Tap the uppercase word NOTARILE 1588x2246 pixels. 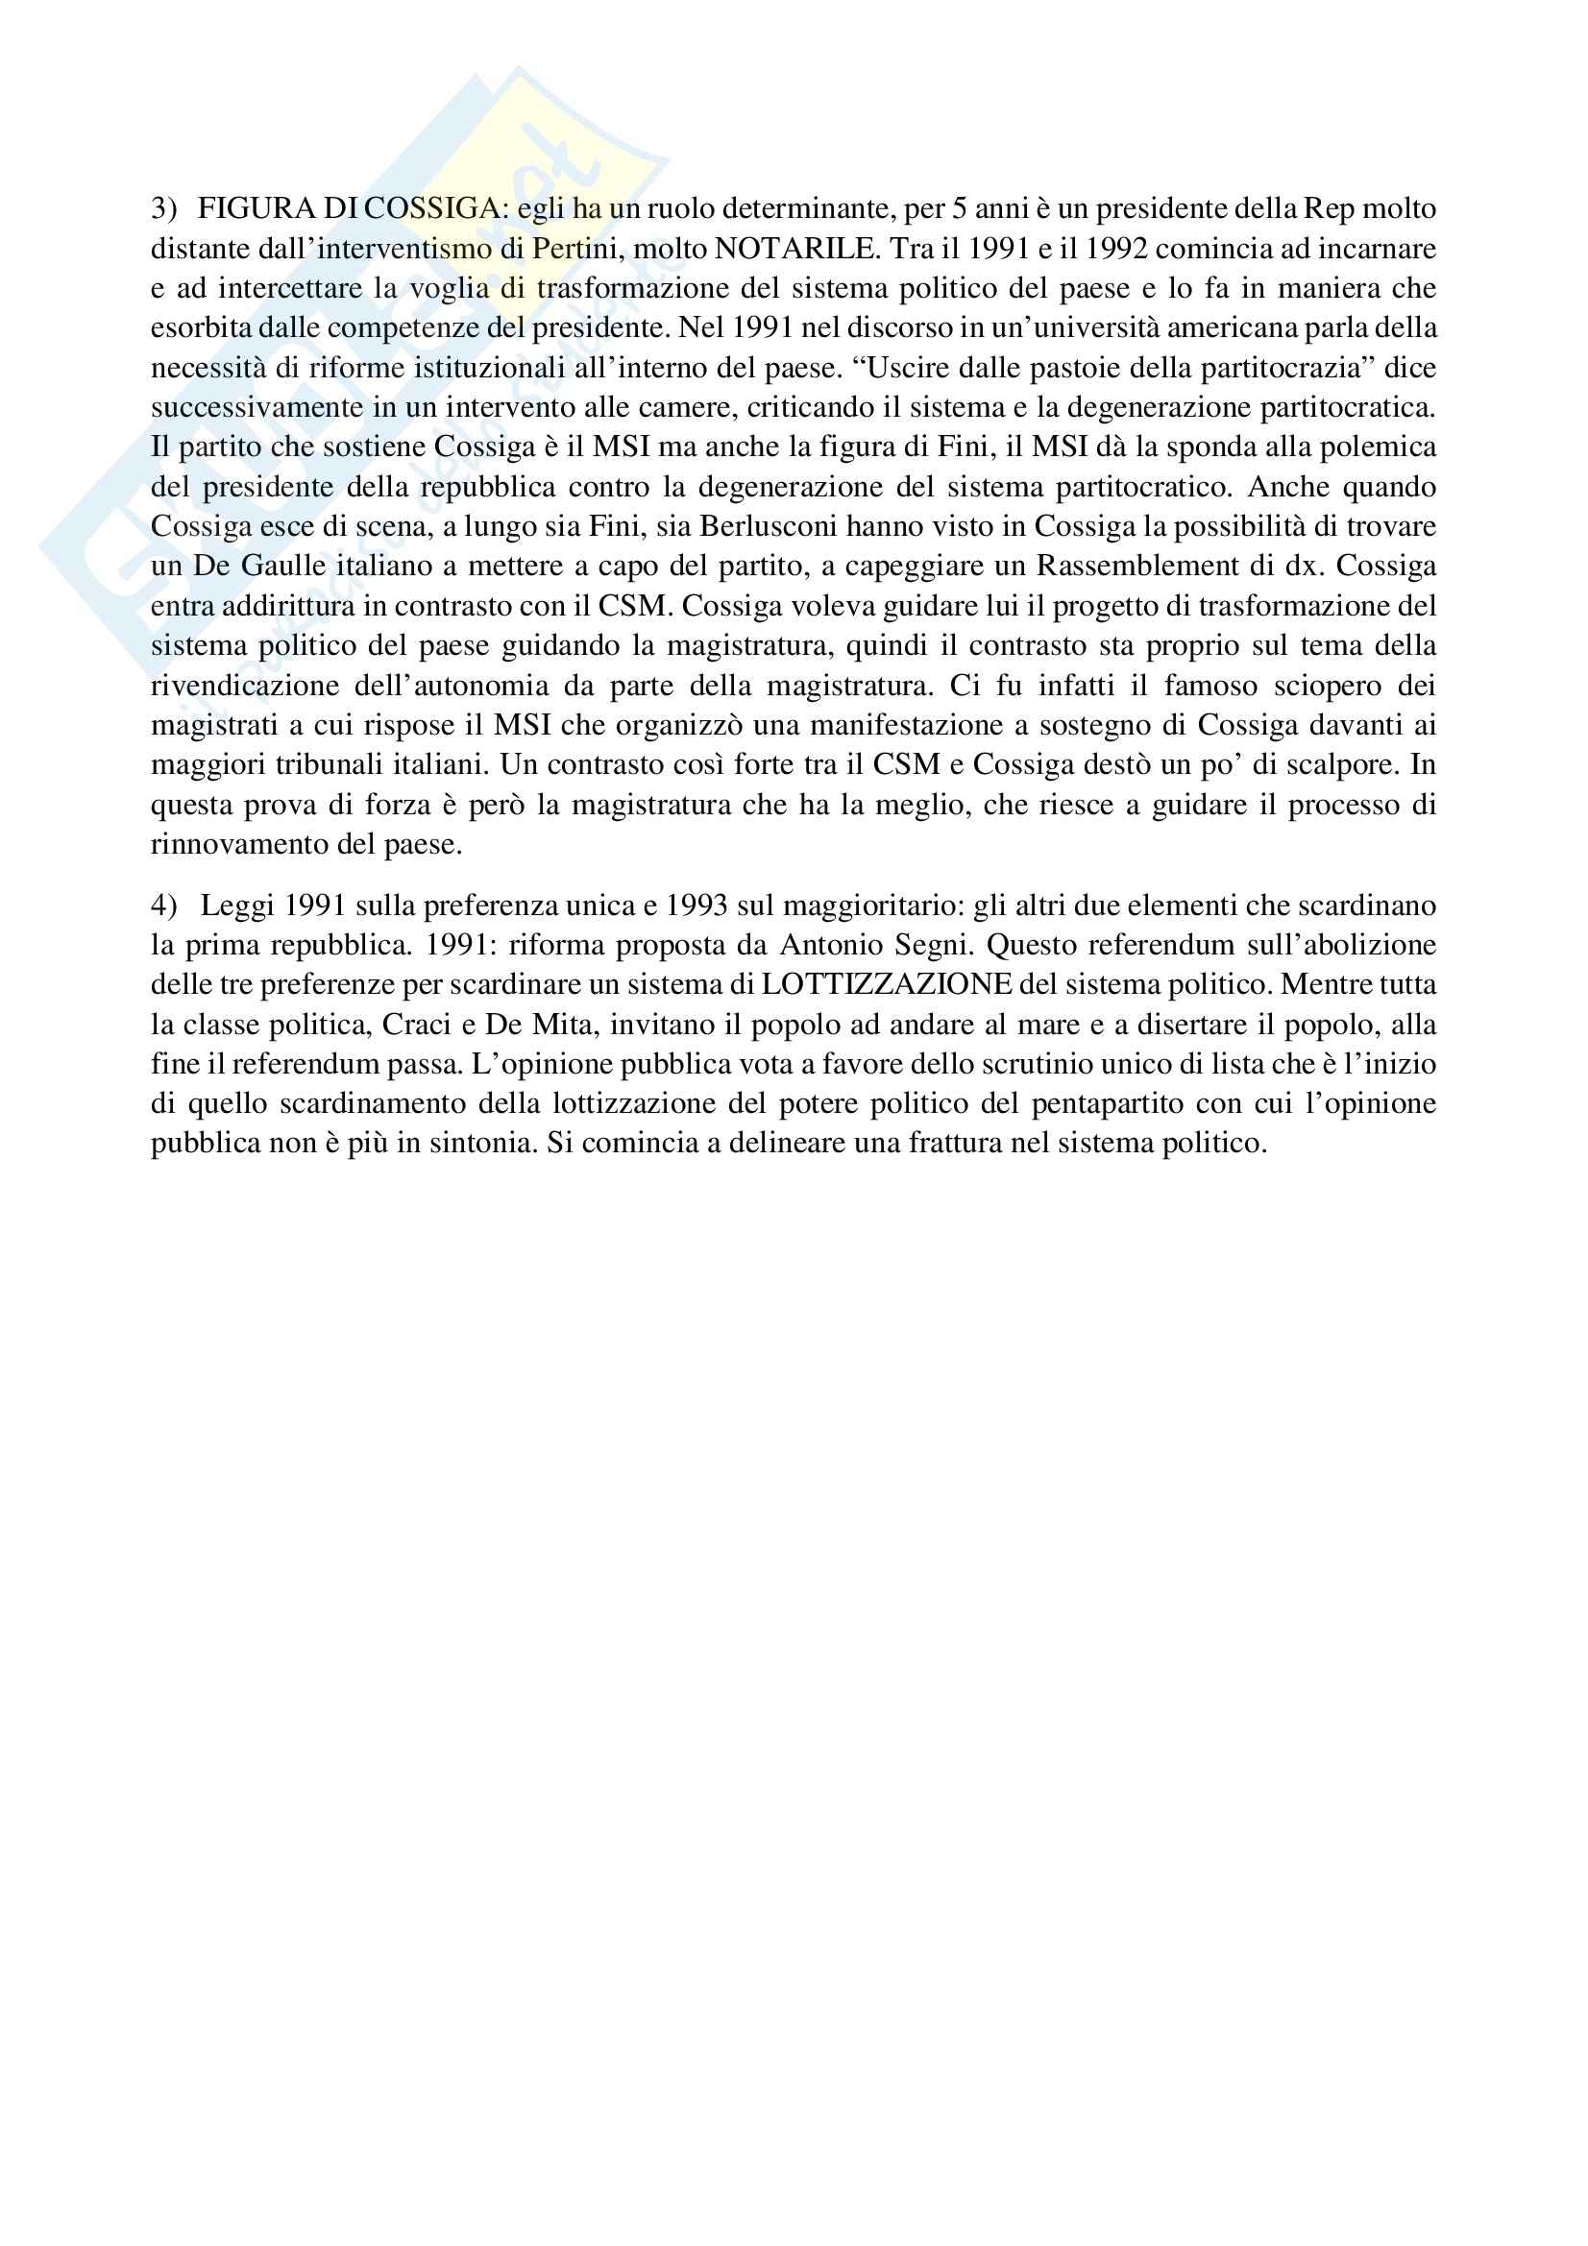pos(796,249)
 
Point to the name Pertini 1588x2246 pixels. pos(575,249)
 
